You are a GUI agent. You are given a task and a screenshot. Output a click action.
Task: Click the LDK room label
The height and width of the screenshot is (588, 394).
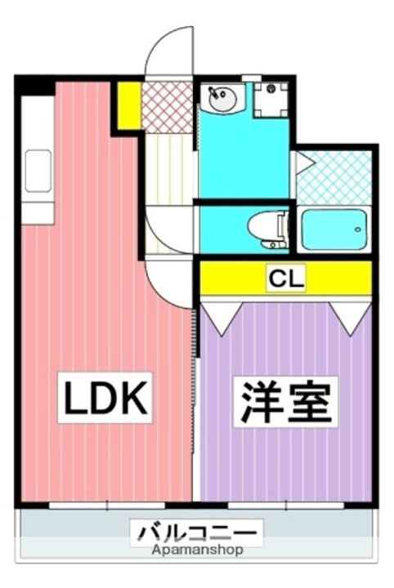105,398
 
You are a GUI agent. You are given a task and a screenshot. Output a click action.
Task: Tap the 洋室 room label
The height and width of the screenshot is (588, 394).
286,402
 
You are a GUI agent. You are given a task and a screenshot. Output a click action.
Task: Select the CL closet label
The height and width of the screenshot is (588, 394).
286,278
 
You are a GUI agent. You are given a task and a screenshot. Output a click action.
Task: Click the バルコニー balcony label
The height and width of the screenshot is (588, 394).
197,532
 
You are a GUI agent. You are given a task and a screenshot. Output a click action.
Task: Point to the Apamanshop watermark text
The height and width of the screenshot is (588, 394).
197,550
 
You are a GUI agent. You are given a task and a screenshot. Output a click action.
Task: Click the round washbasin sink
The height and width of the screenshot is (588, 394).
223,99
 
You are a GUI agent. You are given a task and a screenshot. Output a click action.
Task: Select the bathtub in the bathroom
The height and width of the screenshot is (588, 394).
334,229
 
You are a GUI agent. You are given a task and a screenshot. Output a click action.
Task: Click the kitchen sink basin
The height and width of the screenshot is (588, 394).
38,171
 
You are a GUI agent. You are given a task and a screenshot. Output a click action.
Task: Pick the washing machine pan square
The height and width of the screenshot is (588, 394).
271,100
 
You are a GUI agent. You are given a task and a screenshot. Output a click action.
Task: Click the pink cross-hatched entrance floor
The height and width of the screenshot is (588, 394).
168,107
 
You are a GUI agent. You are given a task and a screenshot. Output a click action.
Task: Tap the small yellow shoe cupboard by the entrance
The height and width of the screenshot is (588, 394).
129,105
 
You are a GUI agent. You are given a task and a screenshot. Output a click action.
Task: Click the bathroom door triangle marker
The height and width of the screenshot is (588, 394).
305,163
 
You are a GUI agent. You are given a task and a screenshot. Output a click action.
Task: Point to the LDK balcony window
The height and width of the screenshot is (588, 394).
107,506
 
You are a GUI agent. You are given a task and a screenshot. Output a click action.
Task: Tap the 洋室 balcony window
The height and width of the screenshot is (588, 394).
286,506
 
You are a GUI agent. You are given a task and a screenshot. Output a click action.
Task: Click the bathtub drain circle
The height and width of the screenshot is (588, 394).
358,229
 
